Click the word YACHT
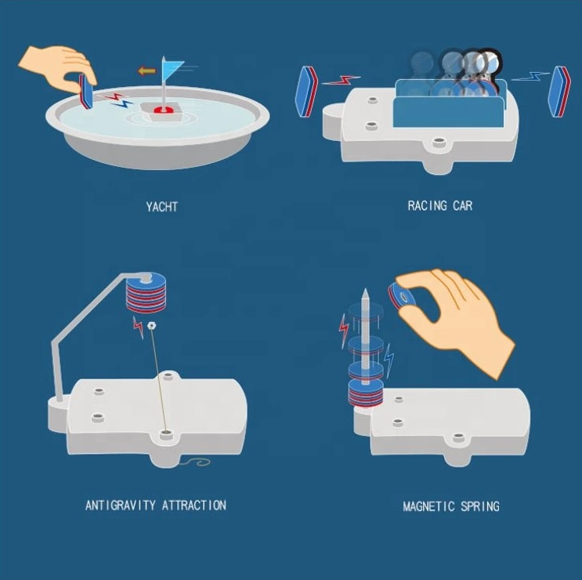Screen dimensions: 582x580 click(162, 206)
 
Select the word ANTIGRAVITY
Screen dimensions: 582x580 click(121, 506)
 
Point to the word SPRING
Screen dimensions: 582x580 click(480, 506)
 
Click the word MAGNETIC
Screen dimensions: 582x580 click(428, 506)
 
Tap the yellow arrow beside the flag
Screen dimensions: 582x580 click(147, 71)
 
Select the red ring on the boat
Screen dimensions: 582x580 click(164, 110)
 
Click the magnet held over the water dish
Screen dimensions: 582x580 click(85, 91)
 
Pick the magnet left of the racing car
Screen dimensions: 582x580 click(306, 92)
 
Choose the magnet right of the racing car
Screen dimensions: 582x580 click(559, 92)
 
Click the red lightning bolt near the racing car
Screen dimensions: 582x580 click(341, 80)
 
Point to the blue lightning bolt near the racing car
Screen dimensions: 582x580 click(530, 76)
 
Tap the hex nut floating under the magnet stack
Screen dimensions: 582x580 click(151, 326)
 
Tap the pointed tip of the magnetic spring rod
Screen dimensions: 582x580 click(365, 289)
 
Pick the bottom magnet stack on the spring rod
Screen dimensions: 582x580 click(365, 393)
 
